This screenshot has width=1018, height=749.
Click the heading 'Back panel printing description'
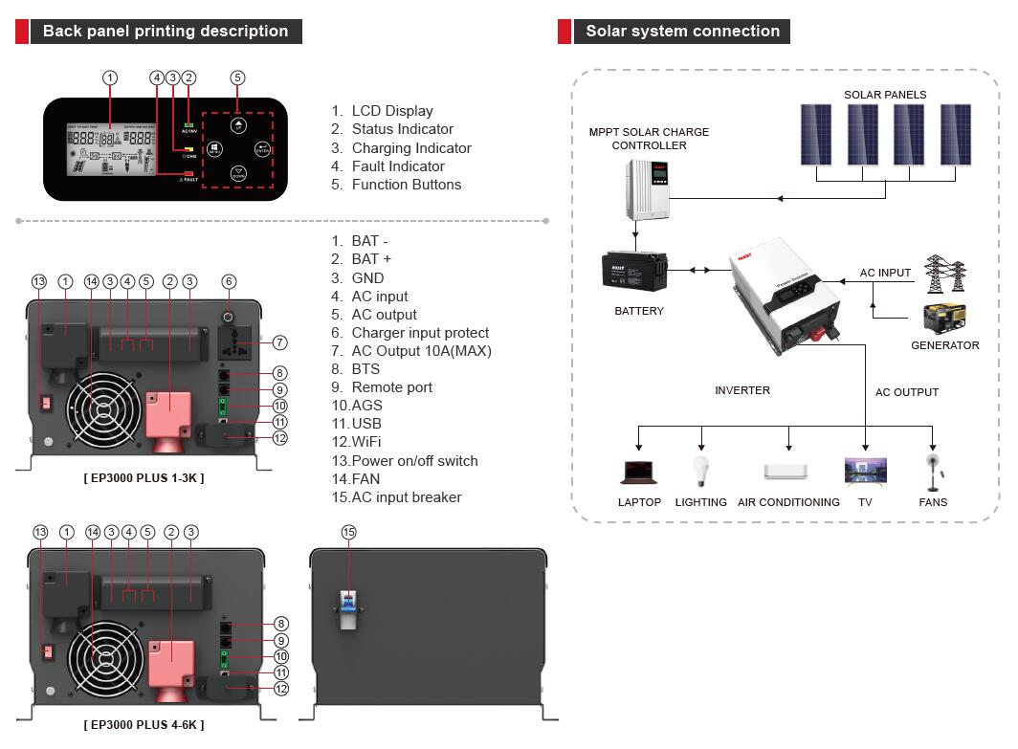165,31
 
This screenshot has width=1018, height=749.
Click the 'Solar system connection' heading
682,31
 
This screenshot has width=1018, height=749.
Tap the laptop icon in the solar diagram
638,472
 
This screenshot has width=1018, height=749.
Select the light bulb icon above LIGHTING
700,472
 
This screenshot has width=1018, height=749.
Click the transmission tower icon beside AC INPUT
944,274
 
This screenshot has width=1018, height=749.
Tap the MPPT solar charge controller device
648,188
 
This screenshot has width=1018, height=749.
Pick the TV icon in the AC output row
865,471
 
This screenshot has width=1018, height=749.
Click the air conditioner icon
787,472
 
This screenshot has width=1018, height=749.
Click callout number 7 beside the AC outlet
280,342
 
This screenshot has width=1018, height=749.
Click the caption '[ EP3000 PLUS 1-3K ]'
144,478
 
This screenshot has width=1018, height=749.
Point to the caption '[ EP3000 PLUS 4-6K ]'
144,725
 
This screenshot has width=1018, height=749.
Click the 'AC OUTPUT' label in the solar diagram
906,392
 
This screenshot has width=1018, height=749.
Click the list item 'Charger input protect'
420,333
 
